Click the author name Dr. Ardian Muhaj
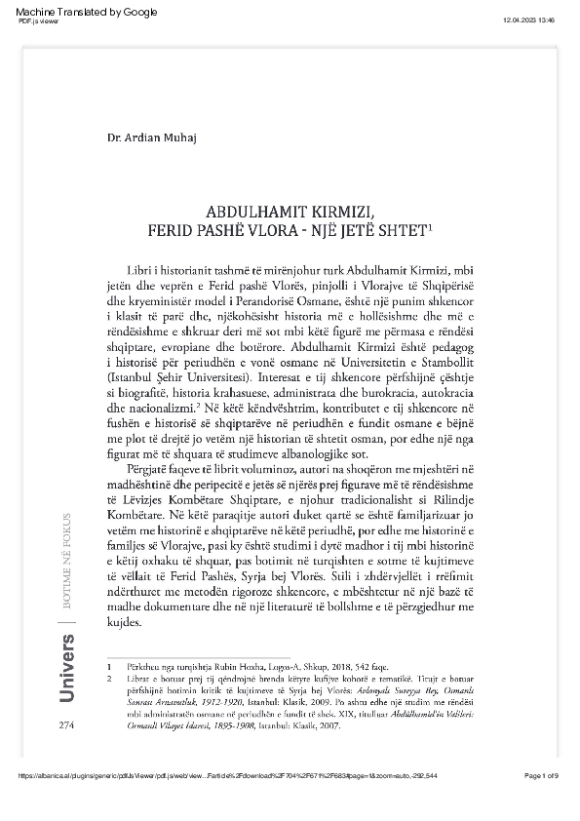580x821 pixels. [150, 137]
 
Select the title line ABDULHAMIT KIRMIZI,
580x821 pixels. [290, 211]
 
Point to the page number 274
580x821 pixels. [67, 726]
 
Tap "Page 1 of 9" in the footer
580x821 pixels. [541, 802]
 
